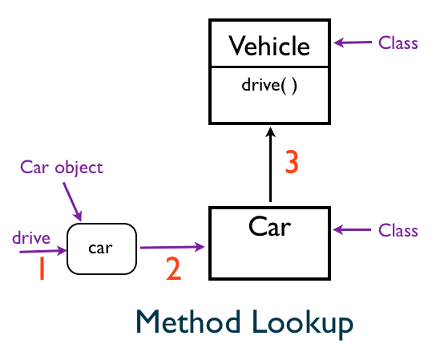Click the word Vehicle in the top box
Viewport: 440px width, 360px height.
269,46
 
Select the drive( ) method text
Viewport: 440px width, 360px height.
269,85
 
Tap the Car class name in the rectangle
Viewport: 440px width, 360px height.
269,226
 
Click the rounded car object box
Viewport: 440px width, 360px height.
102,249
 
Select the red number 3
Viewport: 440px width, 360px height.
293,163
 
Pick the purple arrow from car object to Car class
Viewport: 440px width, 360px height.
172,248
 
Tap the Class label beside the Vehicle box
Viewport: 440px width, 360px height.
398,43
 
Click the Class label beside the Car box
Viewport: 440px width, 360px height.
398,231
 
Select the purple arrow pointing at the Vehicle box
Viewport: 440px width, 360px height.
352,42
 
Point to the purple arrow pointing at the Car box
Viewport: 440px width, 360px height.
352,231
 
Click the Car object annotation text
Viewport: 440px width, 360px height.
62,168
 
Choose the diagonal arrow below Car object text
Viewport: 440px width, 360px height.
71,200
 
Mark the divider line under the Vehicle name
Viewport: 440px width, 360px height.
269,68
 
